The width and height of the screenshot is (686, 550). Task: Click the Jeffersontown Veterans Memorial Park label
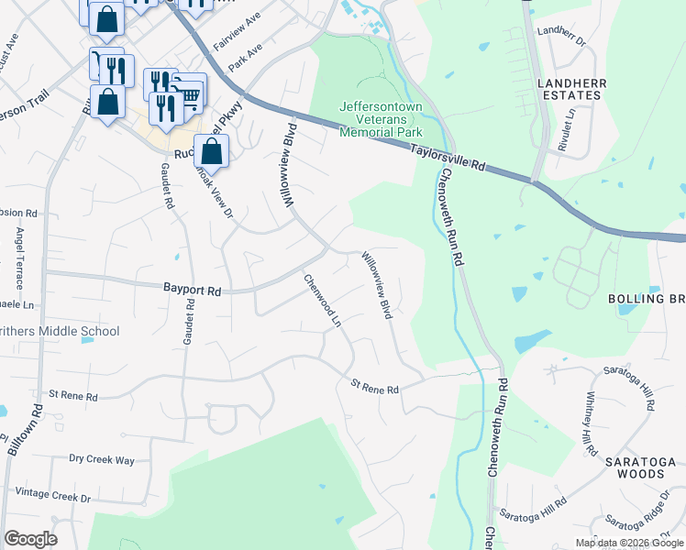tap(381, 119)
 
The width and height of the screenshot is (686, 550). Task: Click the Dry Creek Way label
tap(101, 459)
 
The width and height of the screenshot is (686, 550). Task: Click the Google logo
tap(30, 539)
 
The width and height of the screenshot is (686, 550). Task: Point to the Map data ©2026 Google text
tap(629, 543)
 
